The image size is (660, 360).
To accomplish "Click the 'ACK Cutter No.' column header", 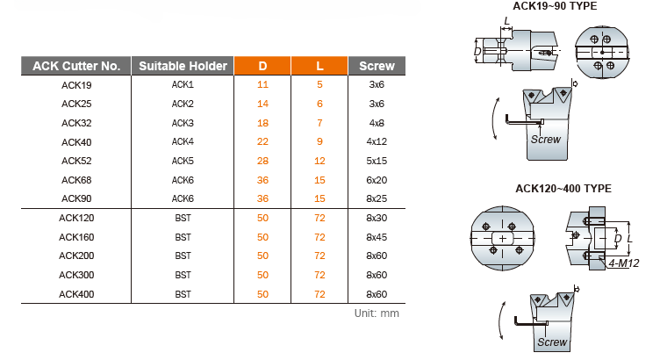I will click(75, 66).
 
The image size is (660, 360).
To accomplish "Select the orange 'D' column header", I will click(262, 66).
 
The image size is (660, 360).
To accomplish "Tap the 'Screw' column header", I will click(377, 66).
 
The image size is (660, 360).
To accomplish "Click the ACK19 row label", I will click(76, 85).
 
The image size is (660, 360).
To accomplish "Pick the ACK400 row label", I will click(76, 294).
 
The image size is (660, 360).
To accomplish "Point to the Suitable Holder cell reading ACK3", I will click(183, 123).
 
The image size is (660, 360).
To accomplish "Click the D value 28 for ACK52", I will click(262, 161).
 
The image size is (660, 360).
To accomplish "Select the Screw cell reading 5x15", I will click(377, 161).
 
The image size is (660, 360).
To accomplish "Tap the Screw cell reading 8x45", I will click(377, 236).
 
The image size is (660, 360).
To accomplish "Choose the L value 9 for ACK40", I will click(320, 141).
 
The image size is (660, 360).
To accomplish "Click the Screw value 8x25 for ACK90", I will click(377, 198).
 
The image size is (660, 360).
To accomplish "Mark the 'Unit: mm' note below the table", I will click(377, 313).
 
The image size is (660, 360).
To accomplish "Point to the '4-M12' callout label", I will click(624, 263).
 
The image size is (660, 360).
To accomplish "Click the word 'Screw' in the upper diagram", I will click(546, 138).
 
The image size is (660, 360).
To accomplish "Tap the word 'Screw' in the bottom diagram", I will click(552, 342).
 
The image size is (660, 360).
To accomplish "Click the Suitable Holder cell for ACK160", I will click(183, 236).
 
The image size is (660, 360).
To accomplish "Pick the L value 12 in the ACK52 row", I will click(320, 161).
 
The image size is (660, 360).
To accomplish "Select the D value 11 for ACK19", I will click(262, 85).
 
